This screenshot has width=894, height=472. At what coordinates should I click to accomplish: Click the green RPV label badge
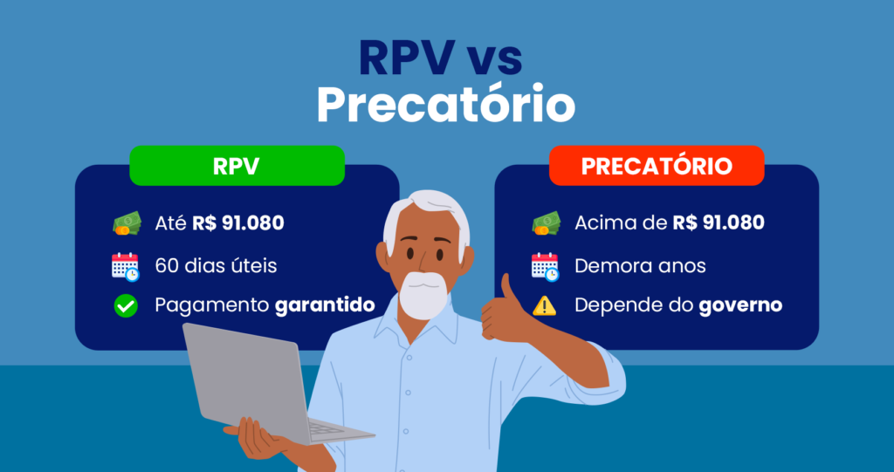coord(237,166)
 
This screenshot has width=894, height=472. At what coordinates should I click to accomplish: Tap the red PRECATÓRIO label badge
coord(657,166)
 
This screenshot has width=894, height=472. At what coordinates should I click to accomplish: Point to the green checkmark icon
coord(126,306)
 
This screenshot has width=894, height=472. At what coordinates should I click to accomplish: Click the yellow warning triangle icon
coord(545,306)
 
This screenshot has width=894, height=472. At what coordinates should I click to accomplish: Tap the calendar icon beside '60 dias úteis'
coord(126,266)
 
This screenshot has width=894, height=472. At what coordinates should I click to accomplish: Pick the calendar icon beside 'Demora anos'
coord(545,266)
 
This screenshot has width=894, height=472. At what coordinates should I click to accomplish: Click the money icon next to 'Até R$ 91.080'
coord(126,224)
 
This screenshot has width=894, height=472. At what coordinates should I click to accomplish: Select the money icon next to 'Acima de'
coord(546,224)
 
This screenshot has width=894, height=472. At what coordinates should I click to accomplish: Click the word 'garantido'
coord(324,306)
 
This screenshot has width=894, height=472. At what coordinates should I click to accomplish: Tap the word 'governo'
coord(740,306)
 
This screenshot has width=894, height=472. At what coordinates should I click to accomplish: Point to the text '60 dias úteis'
coord(216,266)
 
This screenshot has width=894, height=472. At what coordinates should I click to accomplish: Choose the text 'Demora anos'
coord(640,266)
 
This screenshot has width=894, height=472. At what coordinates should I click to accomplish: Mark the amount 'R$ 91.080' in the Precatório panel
coord(719,223)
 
